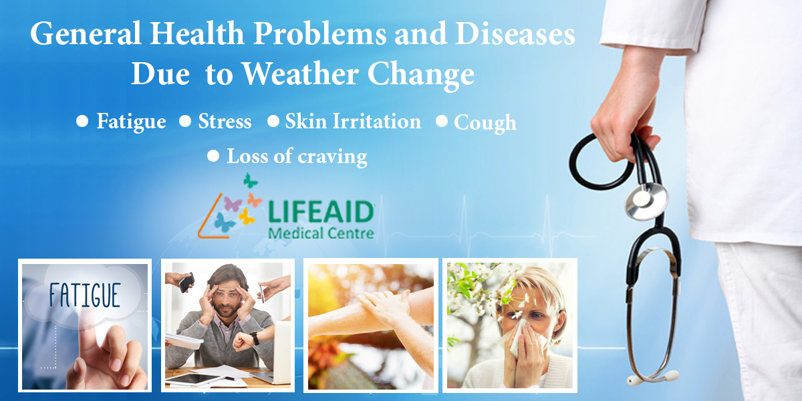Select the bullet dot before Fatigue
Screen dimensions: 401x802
pyautogui.click(x=83, y=121)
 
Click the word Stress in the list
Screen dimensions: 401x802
pyautogui.click(x=225, y=122)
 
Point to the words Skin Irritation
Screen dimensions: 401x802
pyautogui.click(x=353, y=122)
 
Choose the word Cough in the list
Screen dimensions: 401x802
pyautogui.click(x=485, y=123)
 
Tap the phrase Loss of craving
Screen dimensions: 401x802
pyautogui.click(x=297, y=156)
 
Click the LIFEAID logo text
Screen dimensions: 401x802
pyautogui.click(x=321, y=213)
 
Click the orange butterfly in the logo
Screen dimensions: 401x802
pyautogui.click(x=254, y=200)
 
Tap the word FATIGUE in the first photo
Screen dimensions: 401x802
pyautogui.click(x=85, y=294)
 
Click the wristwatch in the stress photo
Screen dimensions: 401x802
pyautogui.click(x=255, y=338)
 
